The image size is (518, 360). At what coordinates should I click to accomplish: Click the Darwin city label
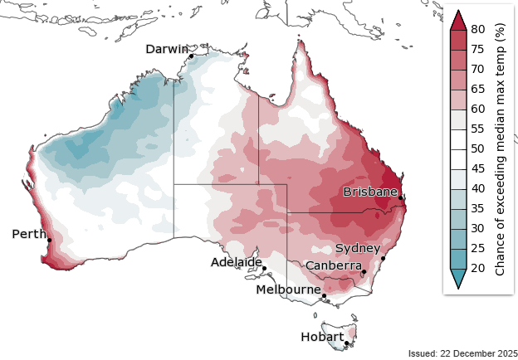click(167, 49)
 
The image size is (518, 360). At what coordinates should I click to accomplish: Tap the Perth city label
click(29, 234)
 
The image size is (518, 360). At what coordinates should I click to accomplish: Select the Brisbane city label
click(370, 192)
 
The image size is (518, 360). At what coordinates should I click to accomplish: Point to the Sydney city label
click(358, 248)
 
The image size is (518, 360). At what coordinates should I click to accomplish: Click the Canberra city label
click(332, 265)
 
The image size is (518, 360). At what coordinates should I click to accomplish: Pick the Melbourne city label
click(288, 289)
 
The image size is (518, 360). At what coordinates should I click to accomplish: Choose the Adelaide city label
click(236, 262)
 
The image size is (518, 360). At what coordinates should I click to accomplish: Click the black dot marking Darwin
click(191, 56)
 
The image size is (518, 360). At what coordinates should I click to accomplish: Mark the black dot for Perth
click(49, 241)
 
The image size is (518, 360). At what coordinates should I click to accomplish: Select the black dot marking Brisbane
click(400, 197)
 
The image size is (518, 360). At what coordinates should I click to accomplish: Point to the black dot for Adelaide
click(264, 269)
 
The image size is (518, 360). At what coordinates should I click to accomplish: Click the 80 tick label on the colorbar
click(477, 29)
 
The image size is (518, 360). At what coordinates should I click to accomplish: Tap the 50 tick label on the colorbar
click(477, 148)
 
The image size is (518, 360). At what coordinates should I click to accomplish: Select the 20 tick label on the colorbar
click(477, 268)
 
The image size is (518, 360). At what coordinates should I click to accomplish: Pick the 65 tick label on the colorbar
click(477, 89)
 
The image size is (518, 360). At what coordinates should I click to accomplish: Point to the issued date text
click(462, 353)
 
